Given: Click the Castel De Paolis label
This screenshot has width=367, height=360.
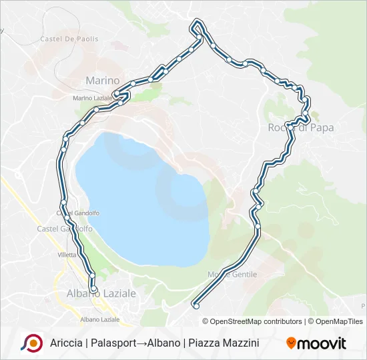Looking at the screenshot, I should tap(69, 39).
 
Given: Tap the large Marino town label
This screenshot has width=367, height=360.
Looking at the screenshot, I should tap(102, 81).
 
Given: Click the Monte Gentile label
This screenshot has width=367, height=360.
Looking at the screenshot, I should tap(232, 274).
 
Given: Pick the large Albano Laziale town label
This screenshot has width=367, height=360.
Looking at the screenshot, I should tap(101, 293).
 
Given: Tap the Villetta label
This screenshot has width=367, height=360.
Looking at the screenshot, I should tap(67, 254).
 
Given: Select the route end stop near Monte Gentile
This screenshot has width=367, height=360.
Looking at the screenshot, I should tap(196, 305).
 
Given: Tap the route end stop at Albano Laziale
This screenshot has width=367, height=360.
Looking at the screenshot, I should tap(93, 289).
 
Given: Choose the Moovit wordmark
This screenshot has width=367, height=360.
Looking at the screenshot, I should tap(322, 343).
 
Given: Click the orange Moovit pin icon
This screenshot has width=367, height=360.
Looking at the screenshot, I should tap(291, 343).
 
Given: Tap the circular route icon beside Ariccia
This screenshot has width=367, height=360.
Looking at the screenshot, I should tap(31, 343).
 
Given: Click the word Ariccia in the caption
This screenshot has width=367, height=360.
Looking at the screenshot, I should tap(65, 343).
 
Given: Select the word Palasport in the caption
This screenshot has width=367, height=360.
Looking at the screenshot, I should tap(111, 343).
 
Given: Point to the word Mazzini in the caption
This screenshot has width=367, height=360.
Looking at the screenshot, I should tap(238, 343).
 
